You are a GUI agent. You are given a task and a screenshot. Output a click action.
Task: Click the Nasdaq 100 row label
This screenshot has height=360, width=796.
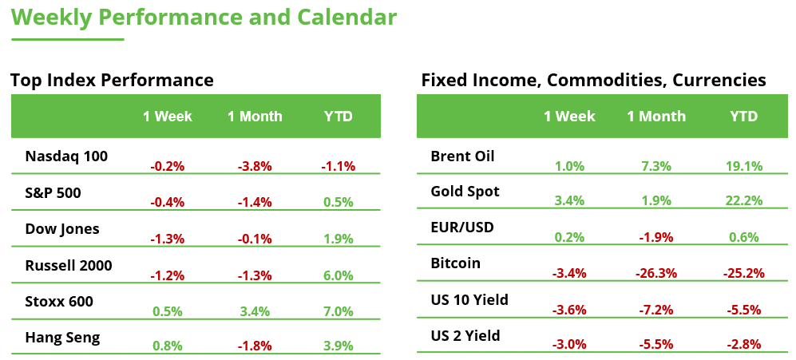(x=66, y=156)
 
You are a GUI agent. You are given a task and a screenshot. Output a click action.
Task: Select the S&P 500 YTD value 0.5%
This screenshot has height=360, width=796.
(x=338, y=203)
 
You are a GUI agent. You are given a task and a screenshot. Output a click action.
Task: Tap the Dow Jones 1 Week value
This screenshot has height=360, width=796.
(x=168, y=239)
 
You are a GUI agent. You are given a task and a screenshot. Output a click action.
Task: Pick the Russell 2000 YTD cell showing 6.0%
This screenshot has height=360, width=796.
(x=338, y=275)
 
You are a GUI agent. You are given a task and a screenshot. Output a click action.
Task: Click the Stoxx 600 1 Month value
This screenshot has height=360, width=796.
(x=255, y=311)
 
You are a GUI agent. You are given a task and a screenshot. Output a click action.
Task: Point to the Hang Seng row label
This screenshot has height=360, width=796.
(x=62, y=338)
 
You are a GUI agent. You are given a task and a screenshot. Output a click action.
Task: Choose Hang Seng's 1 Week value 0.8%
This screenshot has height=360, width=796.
(x=168, y=346)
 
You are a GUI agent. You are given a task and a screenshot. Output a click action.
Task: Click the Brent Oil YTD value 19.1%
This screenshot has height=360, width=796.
(x=743, y=167)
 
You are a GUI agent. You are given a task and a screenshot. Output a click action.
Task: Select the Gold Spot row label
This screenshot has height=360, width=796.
(x=465, y=192)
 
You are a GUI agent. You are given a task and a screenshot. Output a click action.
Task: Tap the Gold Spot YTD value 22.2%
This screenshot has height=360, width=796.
(x=743, y=202)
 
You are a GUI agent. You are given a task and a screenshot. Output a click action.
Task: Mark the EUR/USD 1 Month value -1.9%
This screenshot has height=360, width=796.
(x=655, y=238)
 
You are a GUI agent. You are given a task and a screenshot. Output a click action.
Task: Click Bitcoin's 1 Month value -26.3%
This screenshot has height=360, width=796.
(x=655, y=274)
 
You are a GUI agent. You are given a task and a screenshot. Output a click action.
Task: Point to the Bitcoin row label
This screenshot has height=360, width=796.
(x=455, y=263)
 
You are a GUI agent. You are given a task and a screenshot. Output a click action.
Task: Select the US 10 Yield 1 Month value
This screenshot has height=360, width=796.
(x=655, y=310)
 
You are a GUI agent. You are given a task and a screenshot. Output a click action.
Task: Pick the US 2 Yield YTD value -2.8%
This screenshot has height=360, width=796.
(x=743, y=345)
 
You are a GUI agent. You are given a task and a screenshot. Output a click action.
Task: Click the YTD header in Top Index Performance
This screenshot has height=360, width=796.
(x=338, y=117)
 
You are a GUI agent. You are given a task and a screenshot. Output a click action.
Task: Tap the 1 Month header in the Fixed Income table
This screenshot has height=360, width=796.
(x=655, y=117)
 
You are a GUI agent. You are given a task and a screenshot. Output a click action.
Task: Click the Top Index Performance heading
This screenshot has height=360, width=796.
(x=112, y=81)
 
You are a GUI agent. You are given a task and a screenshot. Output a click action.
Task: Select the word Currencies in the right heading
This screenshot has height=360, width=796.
(x=719, y=81)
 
